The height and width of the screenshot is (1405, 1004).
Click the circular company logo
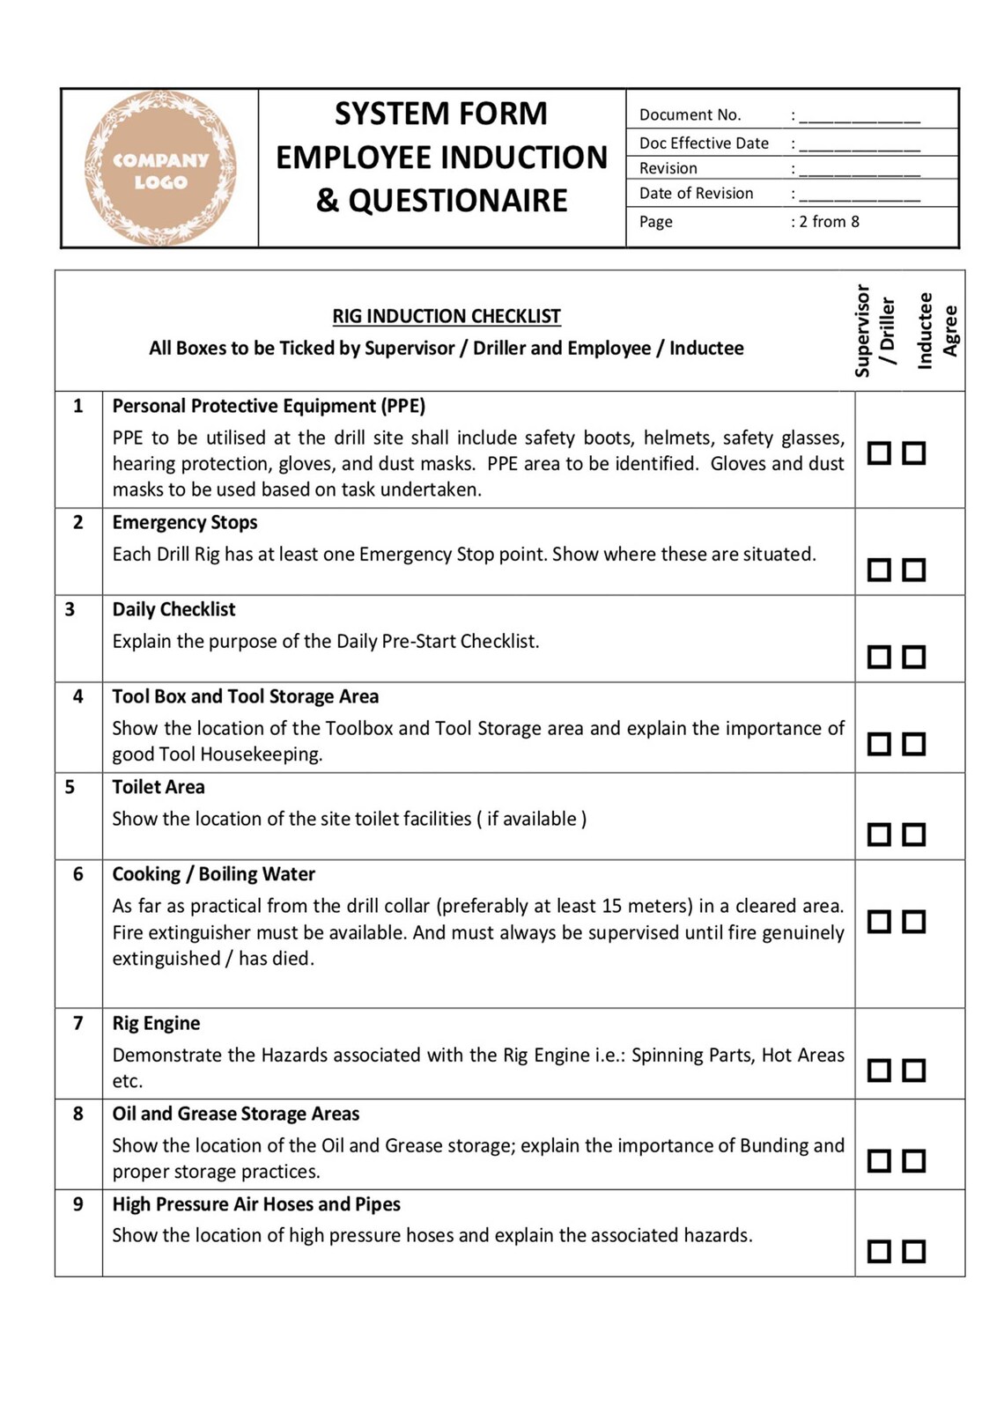click(x=160, y=168)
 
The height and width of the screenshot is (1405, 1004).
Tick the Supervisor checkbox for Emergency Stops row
click(x=879, y=570)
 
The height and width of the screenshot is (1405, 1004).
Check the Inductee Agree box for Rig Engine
click(x=914, y=1070)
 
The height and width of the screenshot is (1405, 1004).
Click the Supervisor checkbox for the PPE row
click(x=879, y=452)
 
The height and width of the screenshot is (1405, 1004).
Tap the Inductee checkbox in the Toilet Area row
click(x=914, y=834)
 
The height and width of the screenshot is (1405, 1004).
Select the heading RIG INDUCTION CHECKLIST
click(x=446, y=316)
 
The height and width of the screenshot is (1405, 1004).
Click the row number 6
click(x=78, y=874)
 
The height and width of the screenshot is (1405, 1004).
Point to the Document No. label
click(x=690, y=114)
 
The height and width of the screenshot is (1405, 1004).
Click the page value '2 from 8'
click(x=829, y=222)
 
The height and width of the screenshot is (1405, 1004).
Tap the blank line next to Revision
click(x=859, y=169)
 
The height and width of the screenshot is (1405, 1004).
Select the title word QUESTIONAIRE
click(x=458, y=201)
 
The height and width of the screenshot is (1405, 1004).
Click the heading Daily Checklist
click(x=173, y=609)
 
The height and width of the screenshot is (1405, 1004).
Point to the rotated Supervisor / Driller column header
click(x=874, y=331)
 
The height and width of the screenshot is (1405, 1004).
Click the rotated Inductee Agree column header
click(x=936, y=331)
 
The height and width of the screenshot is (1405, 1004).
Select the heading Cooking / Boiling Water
click(x=213, y=874)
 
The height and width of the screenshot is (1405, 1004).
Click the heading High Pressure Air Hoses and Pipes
click(x=255, y=1204)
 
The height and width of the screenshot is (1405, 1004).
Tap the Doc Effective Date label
click(x=703, y=143)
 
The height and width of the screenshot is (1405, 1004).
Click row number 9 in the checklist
click(x=78, y=1204)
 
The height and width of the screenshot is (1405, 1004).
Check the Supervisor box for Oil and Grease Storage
click(x=879, y=1160)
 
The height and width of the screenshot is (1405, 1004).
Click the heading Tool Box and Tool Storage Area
click(x=245, y=696)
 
